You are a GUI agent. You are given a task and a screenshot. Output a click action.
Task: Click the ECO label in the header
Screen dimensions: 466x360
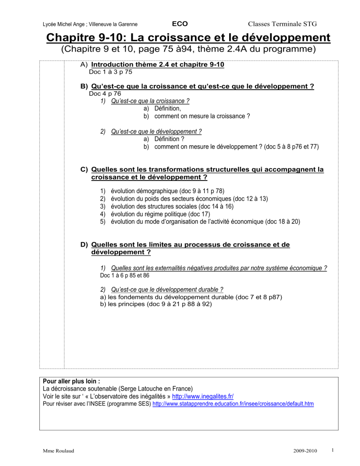(x=180, y=23)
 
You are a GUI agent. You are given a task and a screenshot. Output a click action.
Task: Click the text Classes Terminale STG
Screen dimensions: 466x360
(x=283, y=23)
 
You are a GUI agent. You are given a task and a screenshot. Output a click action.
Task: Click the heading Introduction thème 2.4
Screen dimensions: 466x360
(x=158, y=64)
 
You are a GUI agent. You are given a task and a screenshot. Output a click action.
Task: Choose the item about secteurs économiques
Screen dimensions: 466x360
(x=189, y=199)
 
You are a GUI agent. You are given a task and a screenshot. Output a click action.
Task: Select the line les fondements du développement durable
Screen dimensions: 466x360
(x=191, y=296)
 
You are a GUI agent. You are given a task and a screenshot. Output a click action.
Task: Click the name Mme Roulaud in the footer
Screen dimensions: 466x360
(x=53, y=451)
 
